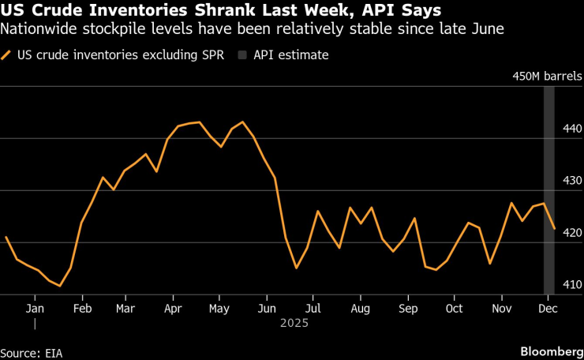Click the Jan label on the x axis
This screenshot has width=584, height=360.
tap(35, 308)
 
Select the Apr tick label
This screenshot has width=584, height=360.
tap(173, 308)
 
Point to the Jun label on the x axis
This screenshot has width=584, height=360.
tap(267, 308)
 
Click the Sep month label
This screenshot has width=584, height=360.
tap(407, 308)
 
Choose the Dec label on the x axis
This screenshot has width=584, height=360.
tap(547, 308)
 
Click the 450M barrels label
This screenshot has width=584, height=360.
tap(547, 77)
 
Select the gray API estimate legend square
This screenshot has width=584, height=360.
tap(239, 55)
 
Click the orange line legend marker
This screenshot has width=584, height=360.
tap(7, 55)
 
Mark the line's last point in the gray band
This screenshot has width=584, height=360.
tap(554, 229)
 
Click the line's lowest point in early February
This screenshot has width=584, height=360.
tap(60, 286)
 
